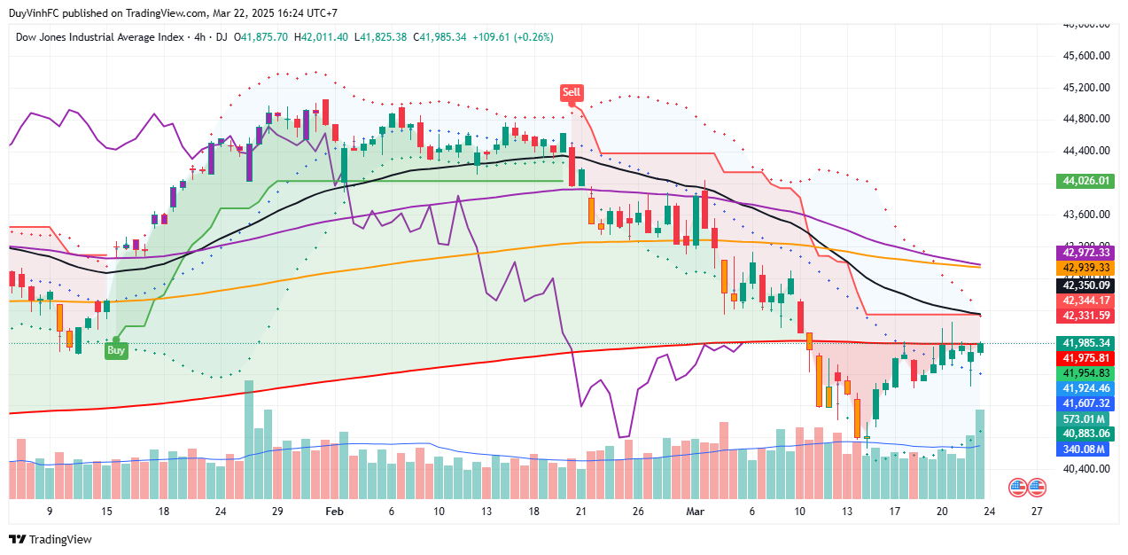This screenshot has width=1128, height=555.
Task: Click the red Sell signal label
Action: (x=572, y=92)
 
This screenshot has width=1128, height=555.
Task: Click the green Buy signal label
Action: (x=116, y=350)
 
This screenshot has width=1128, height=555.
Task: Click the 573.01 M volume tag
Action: (x=1085, y=418)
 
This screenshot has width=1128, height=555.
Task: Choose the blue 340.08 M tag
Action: (x=1085, y=449)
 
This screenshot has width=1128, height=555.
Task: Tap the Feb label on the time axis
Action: (x=334, y=512)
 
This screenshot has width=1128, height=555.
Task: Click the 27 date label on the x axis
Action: (x=1038, y=512)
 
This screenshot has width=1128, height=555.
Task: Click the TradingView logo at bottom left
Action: (x=51, y=539)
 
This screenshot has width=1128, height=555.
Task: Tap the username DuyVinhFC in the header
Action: (x=41, y=13)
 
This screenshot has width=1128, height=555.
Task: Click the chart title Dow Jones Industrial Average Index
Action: (x=98, y=37)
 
